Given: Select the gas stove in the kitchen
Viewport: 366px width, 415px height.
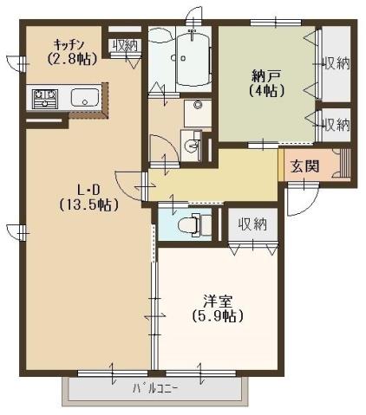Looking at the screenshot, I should pos(43,96).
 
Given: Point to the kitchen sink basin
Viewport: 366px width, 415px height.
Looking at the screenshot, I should pos(83,96).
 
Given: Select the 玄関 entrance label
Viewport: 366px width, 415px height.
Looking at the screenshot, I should pos(304,165).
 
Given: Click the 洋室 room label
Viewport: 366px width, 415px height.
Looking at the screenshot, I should pos(217,302).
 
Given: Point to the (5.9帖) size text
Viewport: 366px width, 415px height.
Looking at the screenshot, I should pos(217,317).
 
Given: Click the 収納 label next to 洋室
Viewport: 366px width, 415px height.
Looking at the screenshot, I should pos(252,224).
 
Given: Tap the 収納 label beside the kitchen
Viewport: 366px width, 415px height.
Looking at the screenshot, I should pos(125,45).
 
